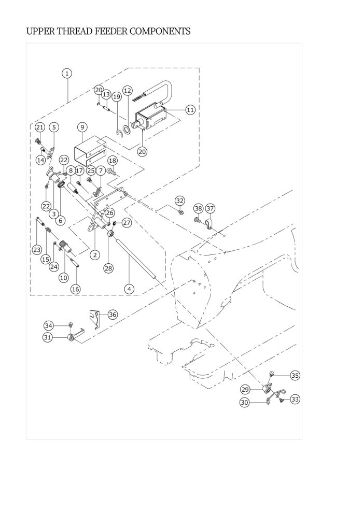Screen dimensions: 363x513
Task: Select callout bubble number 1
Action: coord(67,73)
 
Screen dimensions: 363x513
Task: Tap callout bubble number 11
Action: coord(190,110)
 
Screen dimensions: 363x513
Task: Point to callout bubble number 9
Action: coord(82,127)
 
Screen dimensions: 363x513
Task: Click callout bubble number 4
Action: coord(129,289)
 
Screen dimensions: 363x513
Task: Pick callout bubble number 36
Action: coord(113,315)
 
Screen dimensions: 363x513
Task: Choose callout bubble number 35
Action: coord(295,375)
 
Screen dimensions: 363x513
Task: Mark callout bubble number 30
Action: coord(245,403)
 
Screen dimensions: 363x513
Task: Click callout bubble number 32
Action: coord(180,201)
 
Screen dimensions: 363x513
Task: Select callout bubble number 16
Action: coord(76,289)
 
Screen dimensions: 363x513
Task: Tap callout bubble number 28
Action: coord(108,268)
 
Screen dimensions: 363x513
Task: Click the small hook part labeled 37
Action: coord(208,224)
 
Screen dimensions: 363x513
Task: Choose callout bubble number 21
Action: coord(39,127)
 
